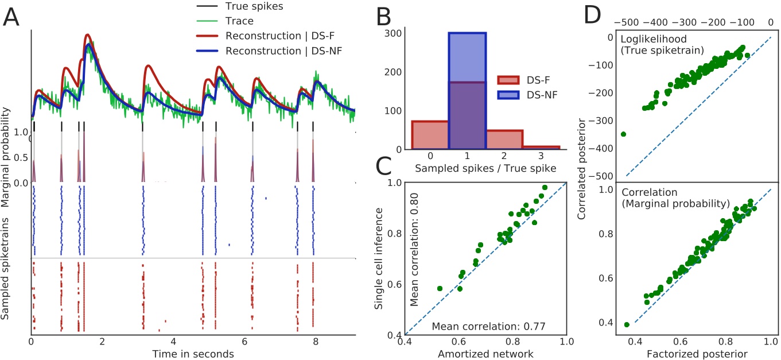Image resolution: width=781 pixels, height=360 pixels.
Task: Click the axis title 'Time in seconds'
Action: tap(193, 354)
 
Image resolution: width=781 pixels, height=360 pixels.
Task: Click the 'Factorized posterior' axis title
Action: tap(679, 354)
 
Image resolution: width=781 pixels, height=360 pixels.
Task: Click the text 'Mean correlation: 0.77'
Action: tap(488, 327)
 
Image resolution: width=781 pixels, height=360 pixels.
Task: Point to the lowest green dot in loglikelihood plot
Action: tap(624, 134)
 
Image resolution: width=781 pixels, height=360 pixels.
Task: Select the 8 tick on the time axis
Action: tap(314, 341)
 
